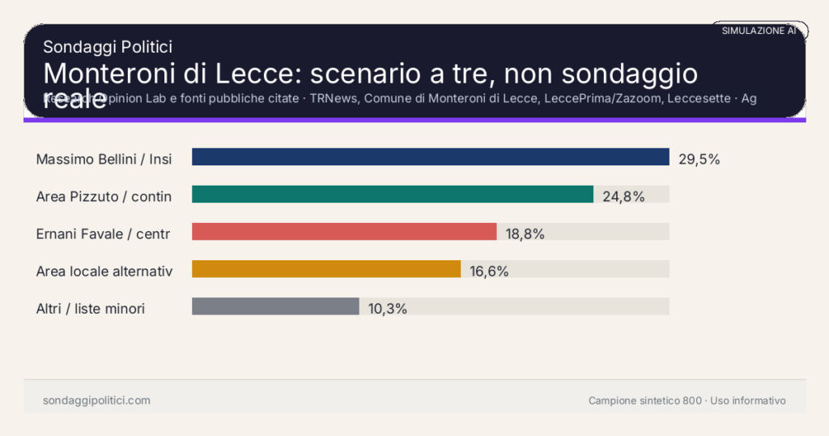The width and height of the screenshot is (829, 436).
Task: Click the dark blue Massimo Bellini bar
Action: tap(430, 157)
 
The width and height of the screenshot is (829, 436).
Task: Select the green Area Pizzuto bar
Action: tap(393, 194)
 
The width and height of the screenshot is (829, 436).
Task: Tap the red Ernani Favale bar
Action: tap(344, 232)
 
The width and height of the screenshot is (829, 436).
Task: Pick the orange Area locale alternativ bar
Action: tap(326, 269)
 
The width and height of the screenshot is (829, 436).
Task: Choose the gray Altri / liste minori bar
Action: tap(275, 306)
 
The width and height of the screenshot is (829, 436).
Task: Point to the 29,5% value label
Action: tap(699, 159)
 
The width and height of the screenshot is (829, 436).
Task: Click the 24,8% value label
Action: tap(623, 196)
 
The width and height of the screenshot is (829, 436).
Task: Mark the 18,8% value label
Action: tap(525, 233)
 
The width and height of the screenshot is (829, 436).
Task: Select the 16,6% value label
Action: tap(489, 271)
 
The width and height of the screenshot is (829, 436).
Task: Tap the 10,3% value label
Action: tap(387, 308)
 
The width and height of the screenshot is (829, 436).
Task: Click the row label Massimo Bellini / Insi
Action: tap(104, 159)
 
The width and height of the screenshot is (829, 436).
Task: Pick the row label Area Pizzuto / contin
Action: tap(104, 196)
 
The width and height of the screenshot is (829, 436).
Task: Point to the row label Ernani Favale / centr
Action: tap(103, 233)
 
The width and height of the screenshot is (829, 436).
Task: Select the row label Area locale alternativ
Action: tap(104, 271)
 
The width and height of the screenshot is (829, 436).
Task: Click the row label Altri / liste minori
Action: tap(91, 308)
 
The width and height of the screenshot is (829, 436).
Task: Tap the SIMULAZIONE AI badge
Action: tap(759, 30)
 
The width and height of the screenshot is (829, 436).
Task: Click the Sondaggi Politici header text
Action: tap(108, 47)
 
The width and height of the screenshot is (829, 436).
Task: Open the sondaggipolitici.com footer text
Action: tap(96, 400)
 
